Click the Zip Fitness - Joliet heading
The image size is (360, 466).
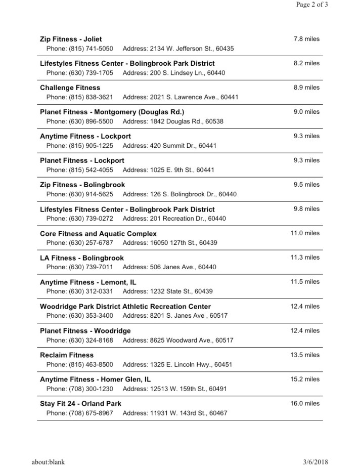click(71, 39)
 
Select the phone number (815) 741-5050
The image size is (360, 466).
click(80, 49)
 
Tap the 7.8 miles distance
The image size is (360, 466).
click(306, 39)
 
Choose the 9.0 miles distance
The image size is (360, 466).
click(306, 112)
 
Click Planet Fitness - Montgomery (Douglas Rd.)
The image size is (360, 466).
click(112, 112)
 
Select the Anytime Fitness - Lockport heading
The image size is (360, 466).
click(85, 136)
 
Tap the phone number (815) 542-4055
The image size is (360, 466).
click(80, 170)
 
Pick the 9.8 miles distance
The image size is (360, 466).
click(306, 209)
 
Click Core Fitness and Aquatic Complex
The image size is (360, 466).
click(98, 234)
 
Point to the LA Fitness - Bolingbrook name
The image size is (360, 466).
click(81, 258)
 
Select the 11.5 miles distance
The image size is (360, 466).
click(305, 282)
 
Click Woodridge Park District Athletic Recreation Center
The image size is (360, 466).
click(125, 307)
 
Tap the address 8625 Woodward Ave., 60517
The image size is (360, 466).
click(178, 341)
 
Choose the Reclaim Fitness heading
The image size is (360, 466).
click(67, 355)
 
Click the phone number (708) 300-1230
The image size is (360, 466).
click(80, 389)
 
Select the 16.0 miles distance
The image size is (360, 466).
click(305, 403)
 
